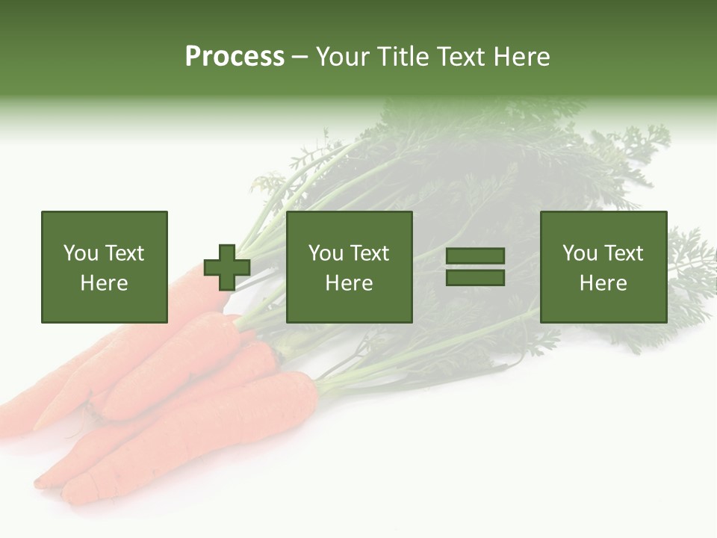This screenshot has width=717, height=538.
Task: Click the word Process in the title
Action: tap(235, 57)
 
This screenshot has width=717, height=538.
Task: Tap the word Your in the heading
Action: tap(344, 57)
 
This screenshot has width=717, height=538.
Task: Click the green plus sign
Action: tap(227, 267)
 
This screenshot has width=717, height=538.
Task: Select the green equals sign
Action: tap(475, 267)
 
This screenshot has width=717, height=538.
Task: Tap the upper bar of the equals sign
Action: tap(475, 256)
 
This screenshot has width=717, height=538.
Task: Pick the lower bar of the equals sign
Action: tap(475, 277)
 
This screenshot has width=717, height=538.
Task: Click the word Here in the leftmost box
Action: tap(104, 283)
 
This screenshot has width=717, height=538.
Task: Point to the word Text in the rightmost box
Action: tap(622, 253)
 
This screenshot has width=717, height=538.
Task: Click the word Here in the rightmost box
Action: tap(603, 283)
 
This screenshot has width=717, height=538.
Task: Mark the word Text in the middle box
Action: tap(369, 253)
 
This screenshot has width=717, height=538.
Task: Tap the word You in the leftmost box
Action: tap(81, 253)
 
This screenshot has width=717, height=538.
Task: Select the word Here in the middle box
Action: tap(350, 283)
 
